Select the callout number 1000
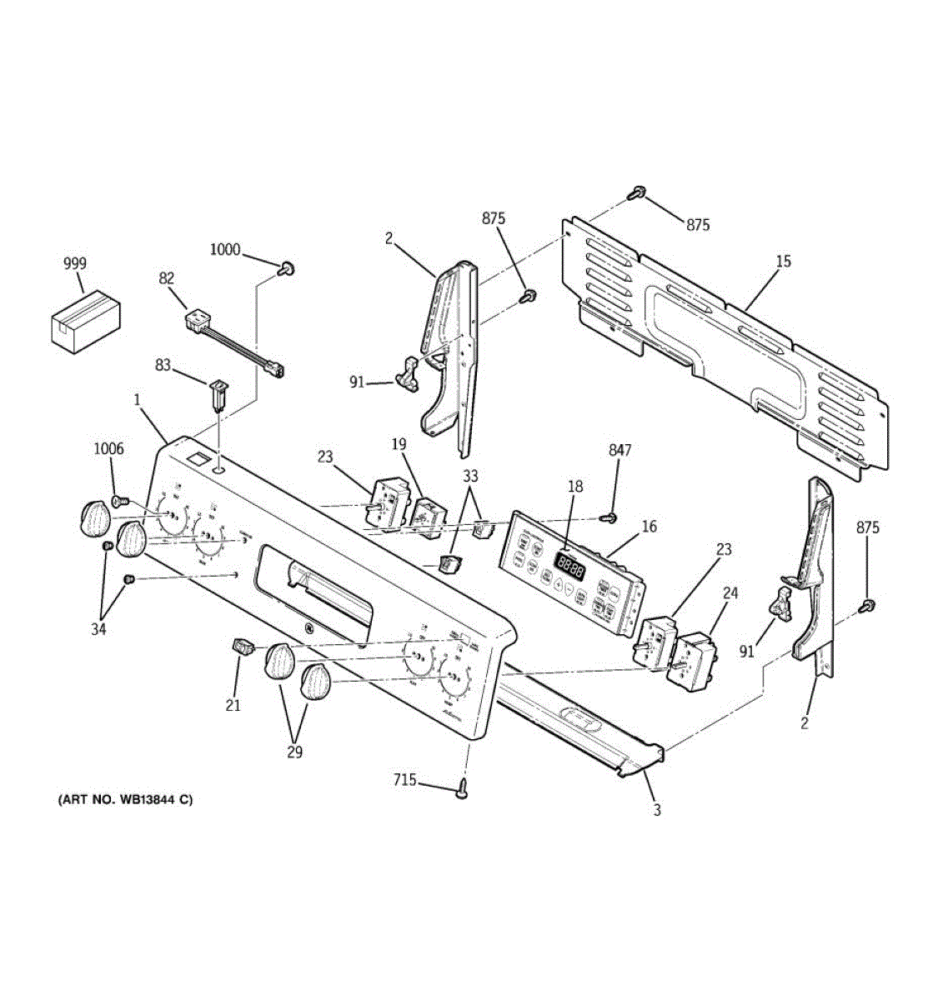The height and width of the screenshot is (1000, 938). (x=224, y=249)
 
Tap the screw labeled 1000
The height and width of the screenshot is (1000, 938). (x=288, y=267)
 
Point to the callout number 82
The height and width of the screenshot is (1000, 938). (x=167, y=278)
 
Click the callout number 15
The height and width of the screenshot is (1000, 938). (x=783, y=262)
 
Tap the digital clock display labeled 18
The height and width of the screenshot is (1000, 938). (x=569, y=567)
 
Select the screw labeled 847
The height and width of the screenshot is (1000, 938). (x=613, y=518)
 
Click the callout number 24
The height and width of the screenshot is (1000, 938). (x=730, y=593)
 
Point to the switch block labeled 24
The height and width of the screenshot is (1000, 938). (x=694, y=661)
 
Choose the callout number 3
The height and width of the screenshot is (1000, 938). (x=657, y=809)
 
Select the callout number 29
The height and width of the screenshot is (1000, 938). (x=293, y=752)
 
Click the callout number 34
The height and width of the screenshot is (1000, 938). (x=99, y=629)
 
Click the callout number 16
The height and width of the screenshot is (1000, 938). (x=649, y=526)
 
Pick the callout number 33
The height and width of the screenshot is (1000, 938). (x=471, y=477)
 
